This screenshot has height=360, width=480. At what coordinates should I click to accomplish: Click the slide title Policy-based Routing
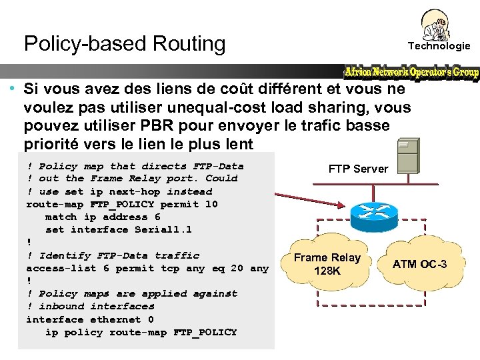tap(125, 44)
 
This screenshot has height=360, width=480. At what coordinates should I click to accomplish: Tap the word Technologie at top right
tap(439, 46)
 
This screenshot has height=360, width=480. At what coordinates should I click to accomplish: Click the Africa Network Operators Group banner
tap(411, 72)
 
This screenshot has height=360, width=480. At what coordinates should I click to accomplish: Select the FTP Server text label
tap(358, 169)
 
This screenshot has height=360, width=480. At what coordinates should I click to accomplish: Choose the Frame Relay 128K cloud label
tap(327, 264)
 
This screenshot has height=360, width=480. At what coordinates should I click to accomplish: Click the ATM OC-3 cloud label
tap(419, 264)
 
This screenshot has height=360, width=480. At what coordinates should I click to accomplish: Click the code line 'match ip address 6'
tap(103, 217)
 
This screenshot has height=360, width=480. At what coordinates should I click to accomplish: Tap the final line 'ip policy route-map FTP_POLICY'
tap(141, 332)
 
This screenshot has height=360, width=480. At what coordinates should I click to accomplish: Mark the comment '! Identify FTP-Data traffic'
tap(113, 255)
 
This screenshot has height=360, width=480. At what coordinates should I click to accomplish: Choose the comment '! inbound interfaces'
tap(90, 307)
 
